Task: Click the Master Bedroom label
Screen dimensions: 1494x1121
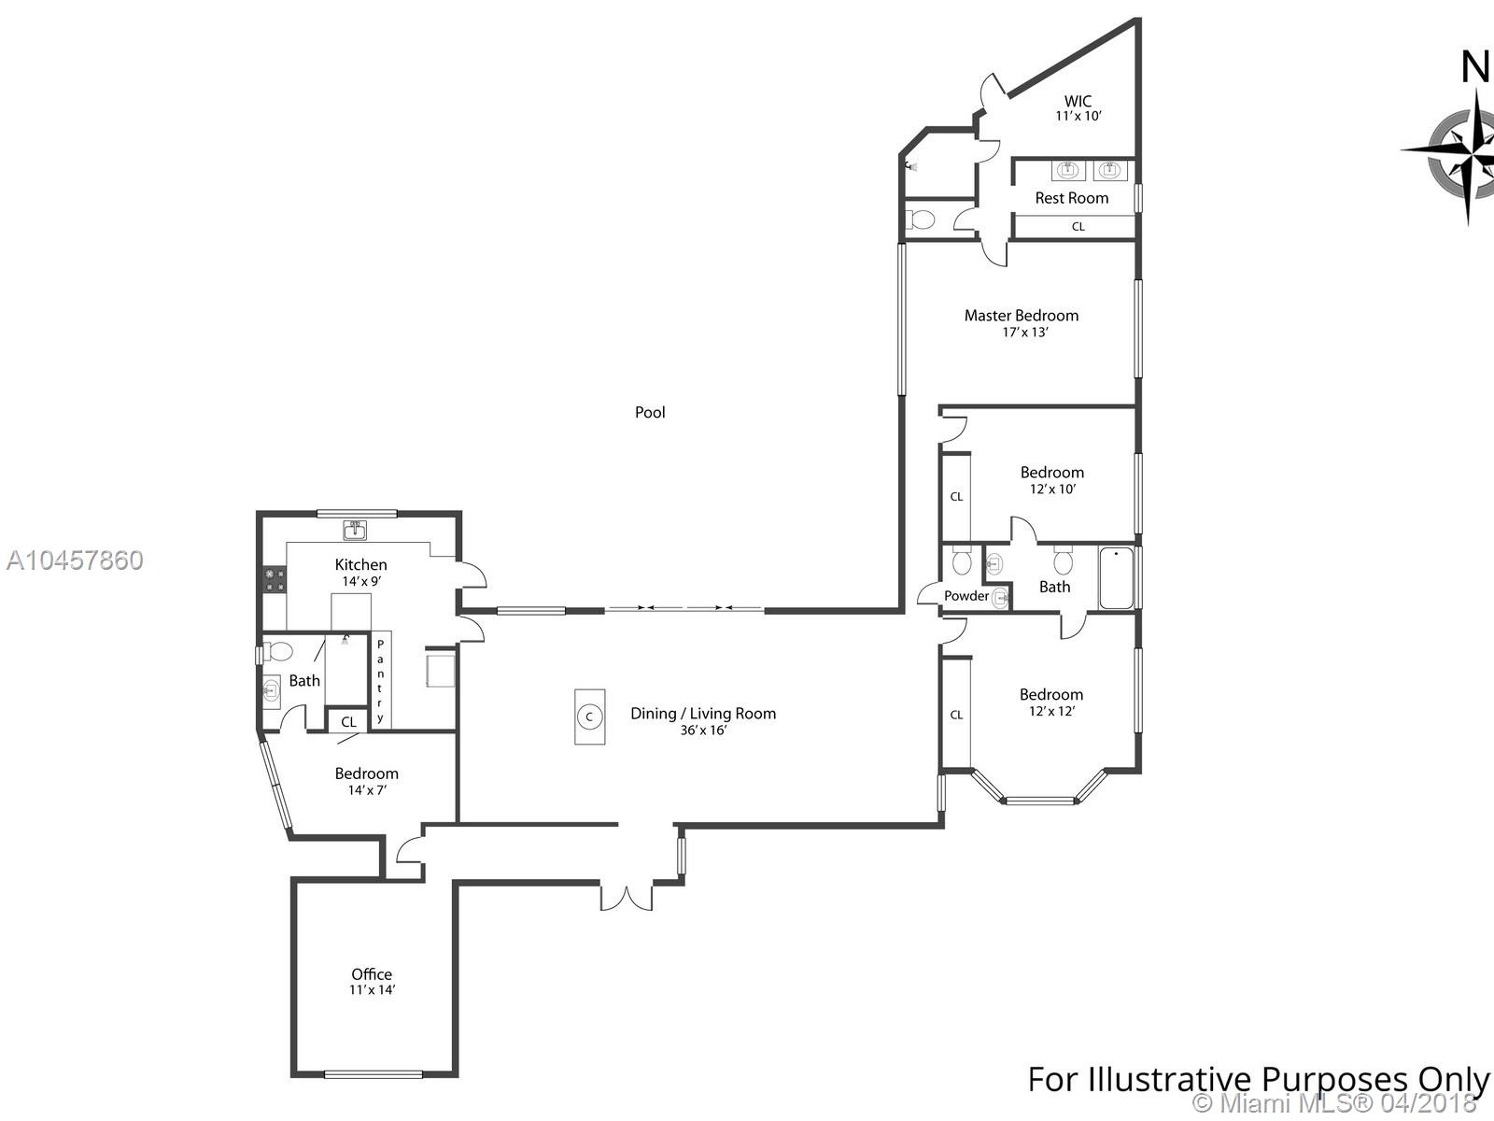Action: coord(1021,316)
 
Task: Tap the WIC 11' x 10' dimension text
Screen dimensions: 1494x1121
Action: coord(1078,116)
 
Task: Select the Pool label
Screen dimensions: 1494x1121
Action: coord(650,413)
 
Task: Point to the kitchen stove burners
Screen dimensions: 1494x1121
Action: coord(275,579)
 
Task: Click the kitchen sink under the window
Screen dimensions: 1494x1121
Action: coord(354,530)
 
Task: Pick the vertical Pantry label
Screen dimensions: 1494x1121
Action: coord(380,681)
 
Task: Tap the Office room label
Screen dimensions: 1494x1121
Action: coord(372,974)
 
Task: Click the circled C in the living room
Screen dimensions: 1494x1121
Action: coord(589,717)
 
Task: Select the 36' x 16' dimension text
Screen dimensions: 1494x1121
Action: coord(703,731)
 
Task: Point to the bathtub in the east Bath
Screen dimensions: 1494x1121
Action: coord(1116,578)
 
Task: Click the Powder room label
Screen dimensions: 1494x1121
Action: coord(966,596)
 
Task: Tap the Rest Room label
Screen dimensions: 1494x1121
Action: coord(1071,198)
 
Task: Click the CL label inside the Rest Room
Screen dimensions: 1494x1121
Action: coord(1078,227)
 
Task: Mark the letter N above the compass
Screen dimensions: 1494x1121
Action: coord(1475,67)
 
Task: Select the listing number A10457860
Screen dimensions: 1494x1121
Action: coord(75,560)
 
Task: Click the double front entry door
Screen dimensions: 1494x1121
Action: coord(627,897)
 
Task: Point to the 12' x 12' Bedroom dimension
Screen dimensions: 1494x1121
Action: coord(1051,711)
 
